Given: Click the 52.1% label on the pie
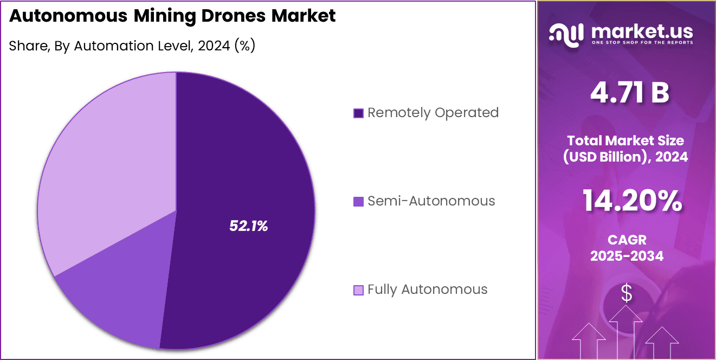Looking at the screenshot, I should [x=249, y=226].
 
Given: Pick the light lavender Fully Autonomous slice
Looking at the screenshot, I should [x=108, y=163].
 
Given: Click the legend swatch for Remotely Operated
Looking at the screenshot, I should [x=358, y=113].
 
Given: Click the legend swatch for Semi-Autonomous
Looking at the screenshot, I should [x=358, y=202].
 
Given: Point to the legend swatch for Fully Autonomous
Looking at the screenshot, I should [x=358, y=290].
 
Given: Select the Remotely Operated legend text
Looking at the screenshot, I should [x=433, y=113].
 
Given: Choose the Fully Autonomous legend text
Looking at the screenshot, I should [x=427, y=290].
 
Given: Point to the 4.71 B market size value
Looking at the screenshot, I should [x=629, y=93].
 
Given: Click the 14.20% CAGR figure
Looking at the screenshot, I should [x=632, y=201].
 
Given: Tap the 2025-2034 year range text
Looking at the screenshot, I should [x=627, y=256].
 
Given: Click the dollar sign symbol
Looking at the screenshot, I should [x=627, y=293].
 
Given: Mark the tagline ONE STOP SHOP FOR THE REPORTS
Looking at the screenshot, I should [x=642, y=42].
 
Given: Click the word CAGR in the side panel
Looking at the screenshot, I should [x=627, y=240].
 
